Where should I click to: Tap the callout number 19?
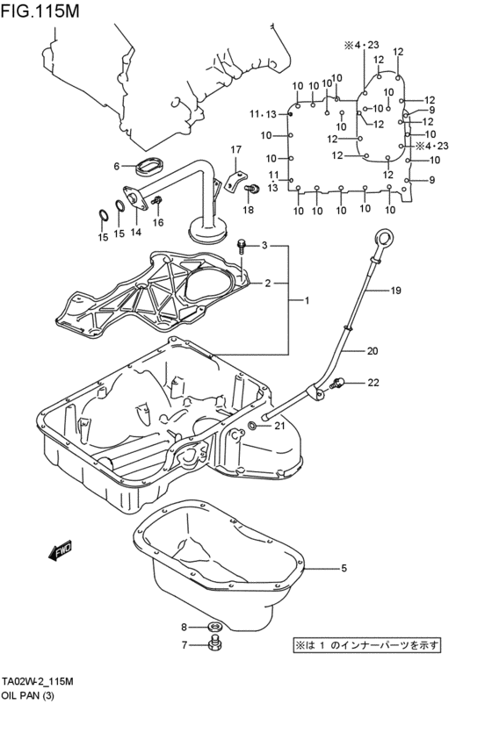coord(395,291)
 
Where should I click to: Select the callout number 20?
coord(396,351)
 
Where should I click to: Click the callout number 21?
coord(279,426)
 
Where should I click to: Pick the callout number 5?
coord(344,568)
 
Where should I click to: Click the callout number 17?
coord(235,150)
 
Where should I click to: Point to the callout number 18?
coord(248,211)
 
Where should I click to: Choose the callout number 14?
coord(135,233)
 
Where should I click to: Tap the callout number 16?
coord(158,223)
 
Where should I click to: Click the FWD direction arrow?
coord(60,551)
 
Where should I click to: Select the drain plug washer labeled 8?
coord(213,626)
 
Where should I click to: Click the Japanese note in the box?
coord(367,645)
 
